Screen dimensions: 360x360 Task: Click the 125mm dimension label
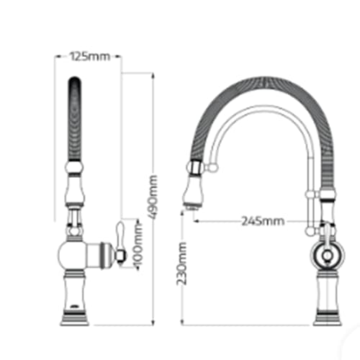click(90, 57)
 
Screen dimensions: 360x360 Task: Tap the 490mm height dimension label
click(153, 197)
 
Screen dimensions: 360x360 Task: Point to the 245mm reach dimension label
click(263, 221)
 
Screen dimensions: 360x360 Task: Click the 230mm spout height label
click(181, 264)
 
